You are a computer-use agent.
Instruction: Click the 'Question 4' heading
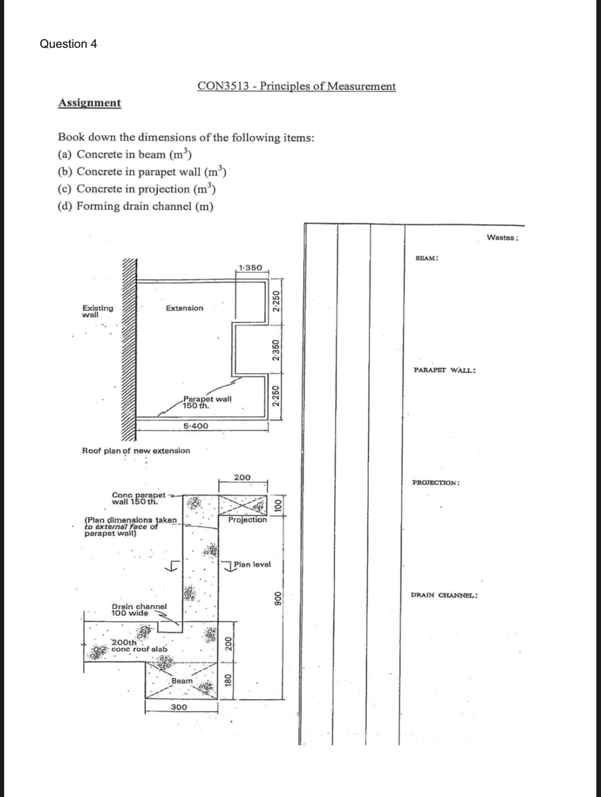[x=68, y=44]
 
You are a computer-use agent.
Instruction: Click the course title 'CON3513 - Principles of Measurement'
[x=296, y=86]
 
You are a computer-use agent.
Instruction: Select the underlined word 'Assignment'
[x=89, y=103]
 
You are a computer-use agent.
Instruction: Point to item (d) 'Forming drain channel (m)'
[x=135, y=206]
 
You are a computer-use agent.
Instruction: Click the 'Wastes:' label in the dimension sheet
[x=502, y=238]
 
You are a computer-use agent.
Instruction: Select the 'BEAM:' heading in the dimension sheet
[x=426, y=258]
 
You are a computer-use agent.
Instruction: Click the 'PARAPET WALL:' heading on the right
[x=444, y=370]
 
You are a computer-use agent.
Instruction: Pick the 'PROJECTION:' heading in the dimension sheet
[x=436, y=483]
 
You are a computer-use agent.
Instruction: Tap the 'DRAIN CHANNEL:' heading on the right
[x=444, y=595]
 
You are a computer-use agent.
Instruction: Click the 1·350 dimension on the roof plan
[x=250, y=268]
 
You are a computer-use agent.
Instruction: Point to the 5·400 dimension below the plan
[x=196, y=426]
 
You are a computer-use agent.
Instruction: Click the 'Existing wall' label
[x=98, y=311]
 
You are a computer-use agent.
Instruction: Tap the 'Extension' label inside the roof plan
[x=184, y=308]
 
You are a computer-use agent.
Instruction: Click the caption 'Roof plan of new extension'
[x=136, y=451]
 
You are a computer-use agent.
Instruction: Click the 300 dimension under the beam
[x=179, y=707]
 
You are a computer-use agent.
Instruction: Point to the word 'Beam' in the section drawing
[x=182, y=681]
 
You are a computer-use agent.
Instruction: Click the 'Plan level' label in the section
[x=252, y=565]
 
